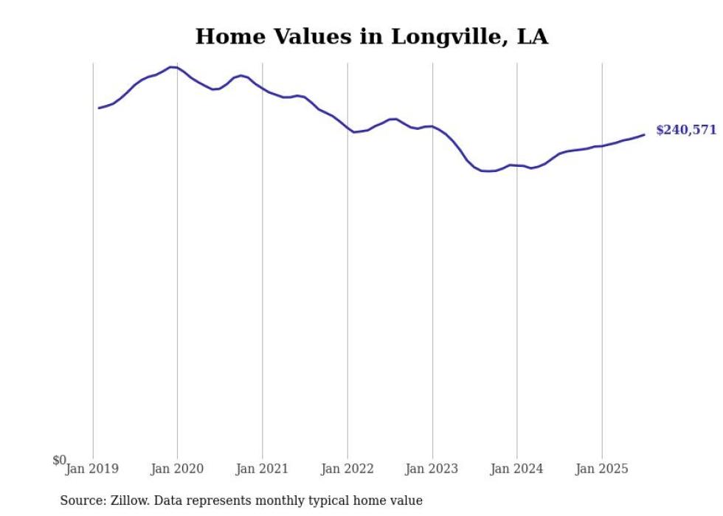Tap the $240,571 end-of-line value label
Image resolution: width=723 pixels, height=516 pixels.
click(x=685, y=130)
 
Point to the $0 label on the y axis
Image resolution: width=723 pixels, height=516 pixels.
click(x=59, y=461)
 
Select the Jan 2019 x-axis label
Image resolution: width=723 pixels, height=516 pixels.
click(x=91, y=469)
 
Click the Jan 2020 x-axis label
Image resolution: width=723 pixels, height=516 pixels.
click(x=177, y=469)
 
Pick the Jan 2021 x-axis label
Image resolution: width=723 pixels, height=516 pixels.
click(x=262, y=469)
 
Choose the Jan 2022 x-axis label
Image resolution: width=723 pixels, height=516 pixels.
click(x=347, y=469)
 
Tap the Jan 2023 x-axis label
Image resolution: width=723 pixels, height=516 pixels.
click(x=432, y=469)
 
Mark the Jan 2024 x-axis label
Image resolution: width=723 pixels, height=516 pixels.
click(x=517, y=469)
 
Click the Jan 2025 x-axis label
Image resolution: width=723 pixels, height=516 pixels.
click(x=602, y=469)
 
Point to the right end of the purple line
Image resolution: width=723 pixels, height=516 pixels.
click(x=644, y=134)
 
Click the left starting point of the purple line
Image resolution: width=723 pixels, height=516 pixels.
click(x=99, y=108)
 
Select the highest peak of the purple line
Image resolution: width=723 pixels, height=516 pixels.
click(x=171, y=67)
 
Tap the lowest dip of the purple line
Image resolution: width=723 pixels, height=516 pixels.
click(x=488, y=171)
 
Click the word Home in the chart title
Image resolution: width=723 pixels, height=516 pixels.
click(x=225, y=37)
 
